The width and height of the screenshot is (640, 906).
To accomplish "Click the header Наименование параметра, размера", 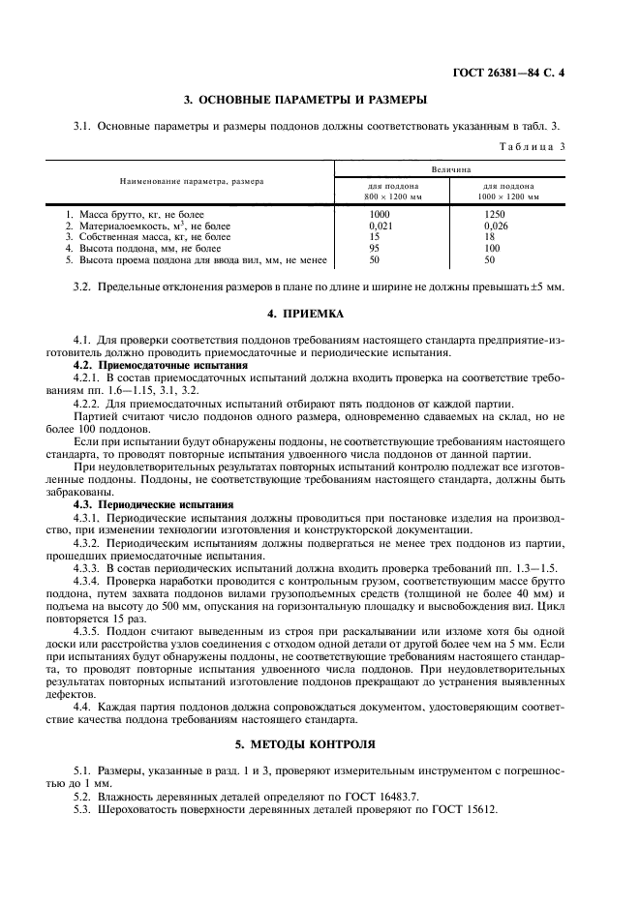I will click(x=191, y=181).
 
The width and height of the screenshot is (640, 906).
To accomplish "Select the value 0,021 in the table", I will click(x=381, y=225).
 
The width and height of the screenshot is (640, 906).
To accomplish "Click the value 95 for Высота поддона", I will click(x=375, y=248).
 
